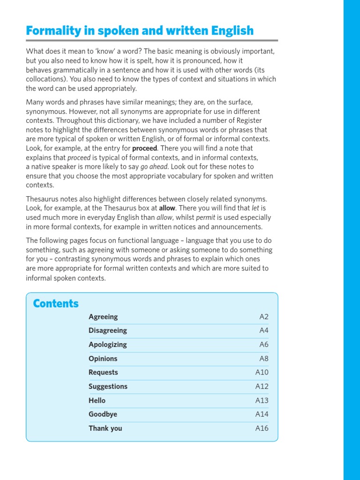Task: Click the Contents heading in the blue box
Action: click(x=56, y=304)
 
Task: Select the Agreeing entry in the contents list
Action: click(x=103, y=317)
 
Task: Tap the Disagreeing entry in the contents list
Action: click(x=108, y=330)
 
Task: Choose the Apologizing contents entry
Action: click(x=108, y=345)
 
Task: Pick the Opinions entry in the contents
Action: click(x=103, y=359)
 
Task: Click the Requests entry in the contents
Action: click(x=103, y=372)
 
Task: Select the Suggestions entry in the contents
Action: click(x=108, y=386)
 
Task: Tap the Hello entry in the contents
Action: click(x=97, y=400)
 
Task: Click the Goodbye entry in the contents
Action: click(x=103, y=414)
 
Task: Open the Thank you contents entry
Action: click(x=105, y=428)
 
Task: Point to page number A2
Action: click(x=264, y=317)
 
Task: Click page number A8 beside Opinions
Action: click(x=264, y=359)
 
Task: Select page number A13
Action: click(x=262, y=400)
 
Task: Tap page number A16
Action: click(x=262, y=428)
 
